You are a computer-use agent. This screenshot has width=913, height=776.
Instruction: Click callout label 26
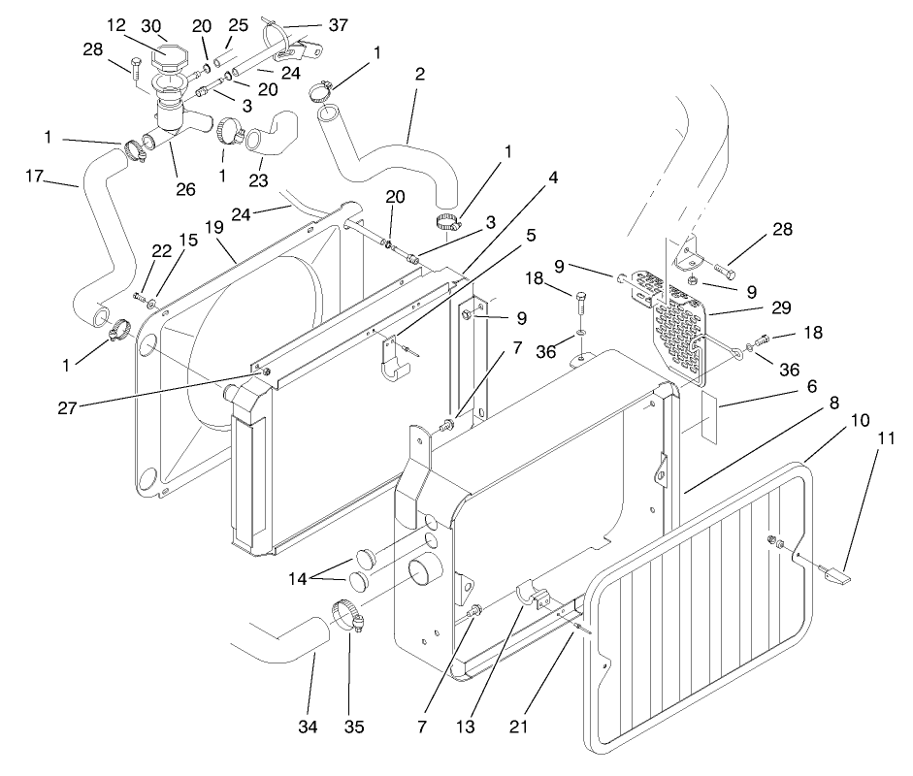[x=185, y=189]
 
